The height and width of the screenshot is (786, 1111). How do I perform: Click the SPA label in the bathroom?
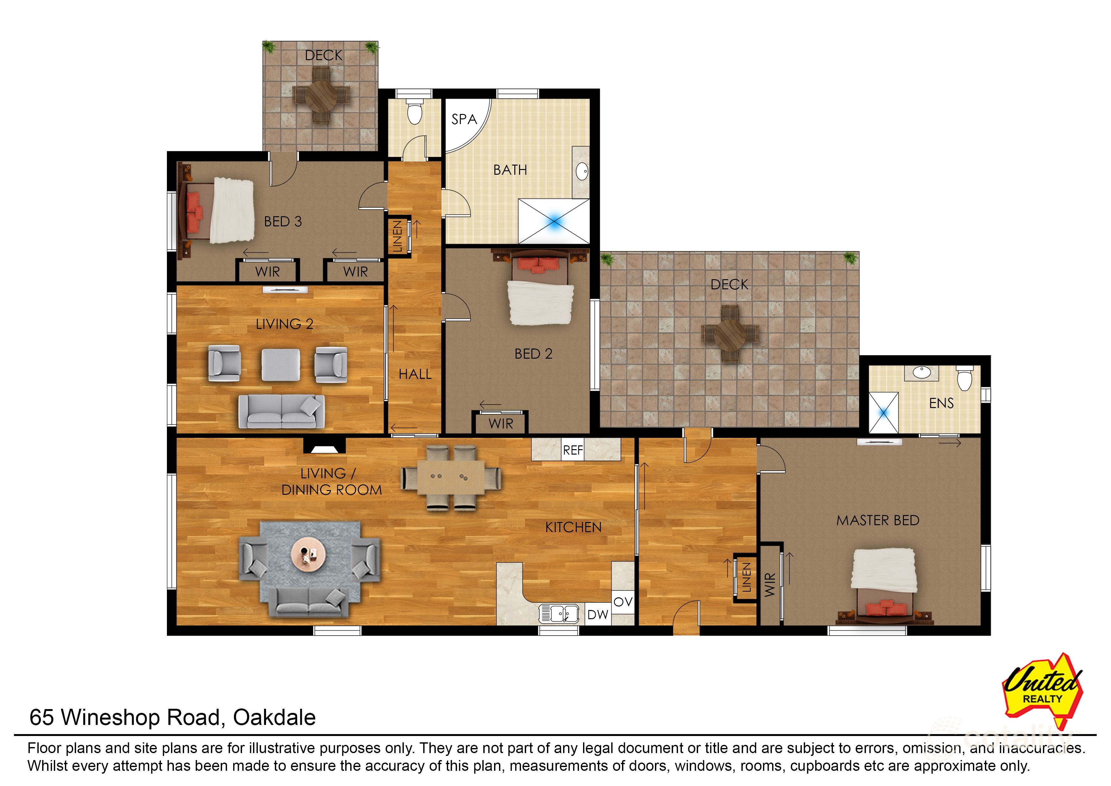464,119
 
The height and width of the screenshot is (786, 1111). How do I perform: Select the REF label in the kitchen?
573,450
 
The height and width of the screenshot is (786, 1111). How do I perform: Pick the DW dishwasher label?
598,615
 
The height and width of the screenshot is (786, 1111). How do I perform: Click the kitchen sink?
559,614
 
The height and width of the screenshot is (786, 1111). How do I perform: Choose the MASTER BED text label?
878,520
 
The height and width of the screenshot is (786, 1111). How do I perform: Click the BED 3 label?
283,221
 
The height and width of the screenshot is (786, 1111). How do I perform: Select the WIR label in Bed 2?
501,424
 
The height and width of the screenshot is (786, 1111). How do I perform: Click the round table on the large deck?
730,334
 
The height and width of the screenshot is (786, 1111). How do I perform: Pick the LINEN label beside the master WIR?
746,577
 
